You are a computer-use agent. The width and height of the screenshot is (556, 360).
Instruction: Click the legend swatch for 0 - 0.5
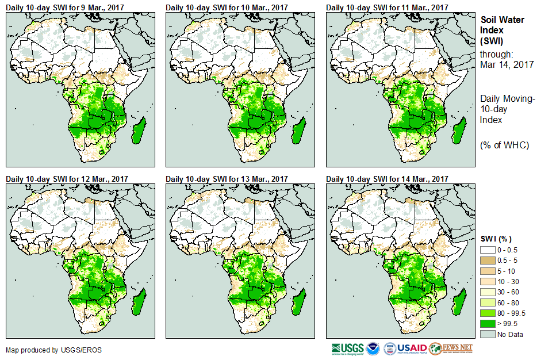coord(487,250)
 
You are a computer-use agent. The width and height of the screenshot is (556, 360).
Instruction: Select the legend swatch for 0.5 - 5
coord(487,261)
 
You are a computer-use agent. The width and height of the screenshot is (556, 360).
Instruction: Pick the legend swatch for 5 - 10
coord(487,271)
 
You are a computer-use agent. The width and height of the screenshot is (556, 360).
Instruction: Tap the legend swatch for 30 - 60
coord(487,292)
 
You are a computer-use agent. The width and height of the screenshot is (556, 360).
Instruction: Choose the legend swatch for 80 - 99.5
coord(487,313)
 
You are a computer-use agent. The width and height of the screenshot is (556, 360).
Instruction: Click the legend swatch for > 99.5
coord(487,324)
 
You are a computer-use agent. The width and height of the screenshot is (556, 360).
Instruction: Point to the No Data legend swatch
coord(487,334)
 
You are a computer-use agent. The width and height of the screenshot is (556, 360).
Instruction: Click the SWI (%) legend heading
coord(496,239)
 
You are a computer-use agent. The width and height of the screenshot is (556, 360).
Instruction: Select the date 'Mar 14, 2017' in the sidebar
coord(507,64)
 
